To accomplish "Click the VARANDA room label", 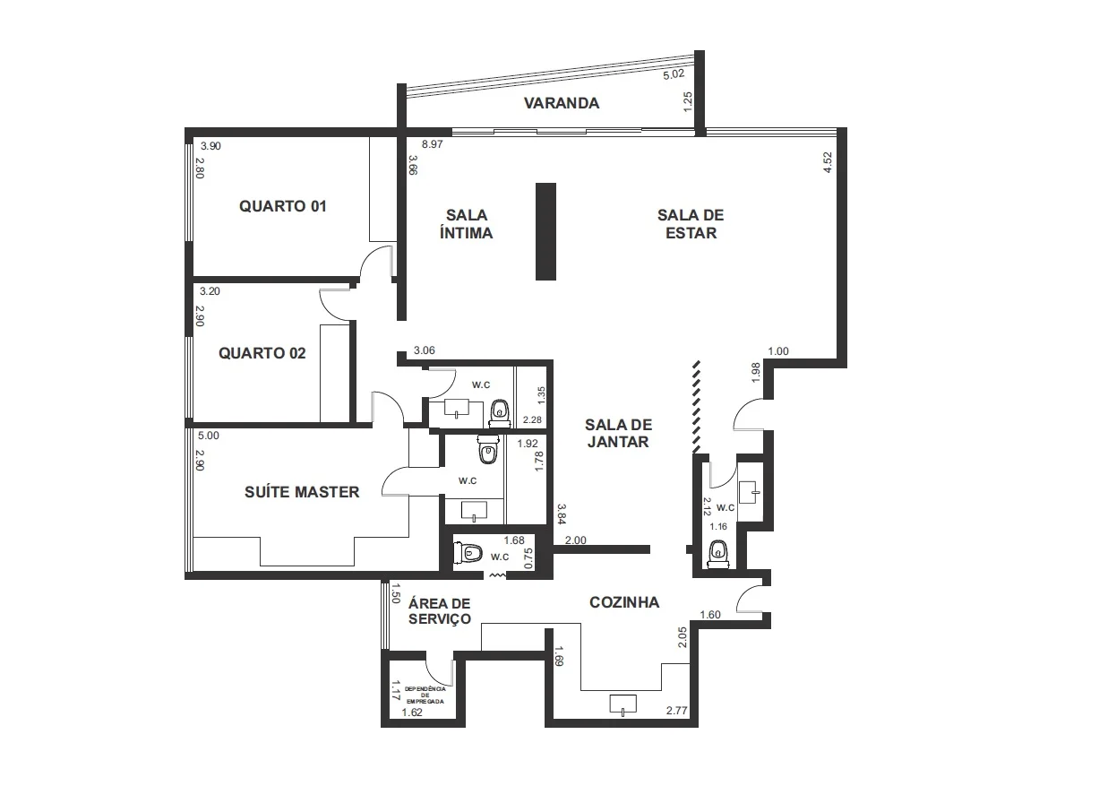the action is coord(562,103).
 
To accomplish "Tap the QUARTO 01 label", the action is coord(283,206).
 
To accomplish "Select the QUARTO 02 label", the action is coord(262,353).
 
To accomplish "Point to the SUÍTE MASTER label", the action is coord(302,492).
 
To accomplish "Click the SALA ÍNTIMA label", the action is coord(466,224).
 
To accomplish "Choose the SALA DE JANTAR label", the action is coord(618,433).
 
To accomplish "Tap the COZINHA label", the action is coord(624,602).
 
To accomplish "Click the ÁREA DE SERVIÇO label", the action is coord(440,611).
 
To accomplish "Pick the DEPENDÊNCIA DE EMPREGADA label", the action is coord(425,695).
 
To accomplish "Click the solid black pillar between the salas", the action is coord(545,232).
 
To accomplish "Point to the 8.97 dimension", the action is coord(433,144).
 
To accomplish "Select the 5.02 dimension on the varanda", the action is coord(674,74).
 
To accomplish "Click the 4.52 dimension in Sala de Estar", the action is coord(828,162).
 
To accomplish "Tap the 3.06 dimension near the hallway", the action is coord(425,350).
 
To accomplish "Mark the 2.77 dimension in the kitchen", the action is coord(676,711).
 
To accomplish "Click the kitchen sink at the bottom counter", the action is coord(623,704).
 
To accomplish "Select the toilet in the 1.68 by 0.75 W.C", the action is coord(467,553).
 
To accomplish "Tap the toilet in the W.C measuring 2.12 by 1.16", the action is coord(718,556).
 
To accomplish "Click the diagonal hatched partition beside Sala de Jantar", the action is coord(696,407).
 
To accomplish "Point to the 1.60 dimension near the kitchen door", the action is coord(710,615).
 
